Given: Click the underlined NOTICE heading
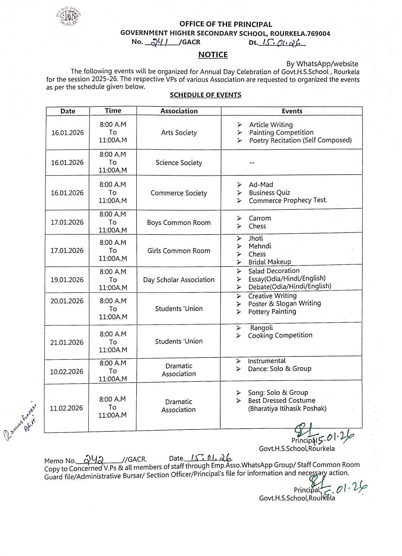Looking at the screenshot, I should (x=213, y=55).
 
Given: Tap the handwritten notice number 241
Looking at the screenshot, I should (x=159, y=42).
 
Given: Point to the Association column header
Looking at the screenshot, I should (x=179, y=111).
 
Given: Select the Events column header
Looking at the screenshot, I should (x=292, y=111).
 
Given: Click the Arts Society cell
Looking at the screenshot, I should (x=179, y=133).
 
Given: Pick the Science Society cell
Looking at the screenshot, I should (x=179, y=162).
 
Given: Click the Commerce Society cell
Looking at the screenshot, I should (x=179, y=193).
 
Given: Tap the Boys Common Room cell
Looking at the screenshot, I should (x=179, y=222).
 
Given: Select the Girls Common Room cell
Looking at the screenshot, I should (x=179, y=250).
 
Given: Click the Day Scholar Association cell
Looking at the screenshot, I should (x=179, y=280).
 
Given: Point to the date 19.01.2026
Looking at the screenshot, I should (x=67, y=280).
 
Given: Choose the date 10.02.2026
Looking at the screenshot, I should (x=67, y=372).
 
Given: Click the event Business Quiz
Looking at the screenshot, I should (x=270, y=192).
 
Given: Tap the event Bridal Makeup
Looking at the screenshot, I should (x=270, y=262).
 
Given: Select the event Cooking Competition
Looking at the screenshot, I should (x=280, y=335).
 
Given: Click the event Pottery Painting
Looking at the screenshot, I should (x=272, y=311).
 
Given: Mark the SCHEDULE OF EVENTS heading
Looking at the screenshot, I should (x=205, y=95).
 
